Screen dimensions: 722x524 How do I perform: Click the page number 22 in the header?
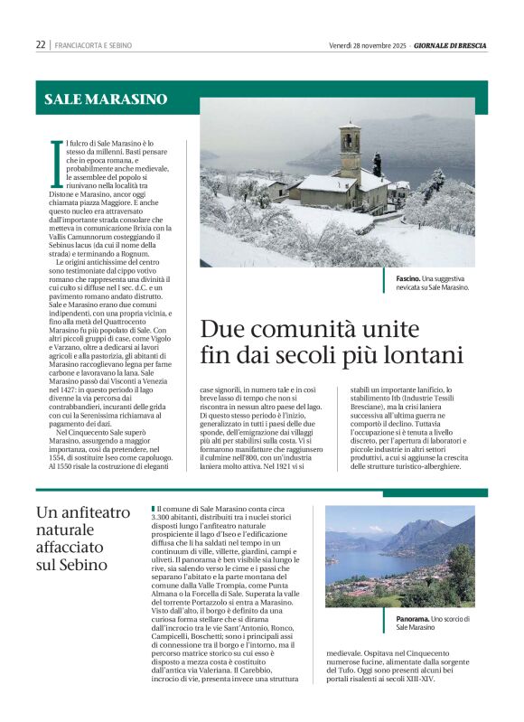[x=41, y=44]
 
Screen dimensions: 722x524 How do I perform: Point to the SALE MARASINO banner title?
[x=107, y=98]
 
